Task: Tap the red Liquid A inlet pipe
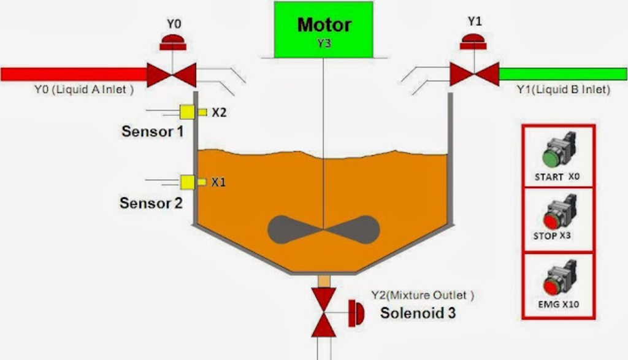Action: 74,74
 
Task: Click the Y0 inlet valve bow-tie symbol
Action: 172,75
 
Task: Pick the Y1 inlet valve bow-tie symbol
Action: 474,74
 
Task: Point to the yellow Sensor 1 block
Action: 187,112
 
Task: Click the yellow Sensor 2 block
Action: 187,182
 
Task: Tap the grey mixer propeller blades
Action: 323,230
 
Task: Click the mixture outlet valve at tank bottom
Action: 323,312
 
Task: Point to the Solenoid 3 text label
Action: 418,313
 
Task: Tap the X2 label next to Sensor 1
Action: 219,112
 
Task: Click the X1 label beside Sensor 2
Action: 218,182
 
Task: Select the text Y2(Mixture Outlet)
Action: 422,295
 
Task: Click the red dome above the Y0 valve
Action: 174,42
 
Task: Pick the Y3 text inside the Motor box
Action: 323,44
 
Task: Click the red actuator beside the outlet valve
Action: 356,313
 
